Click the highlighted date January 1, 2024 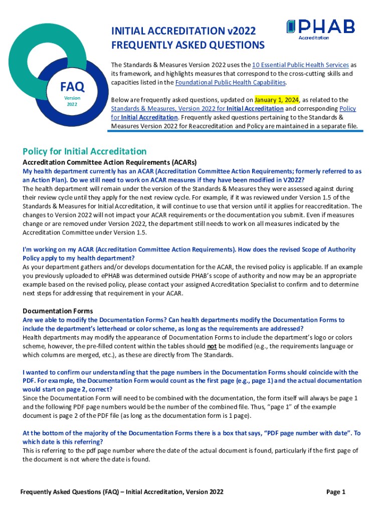point(276,100)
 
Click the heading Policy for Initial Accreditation point(85,151)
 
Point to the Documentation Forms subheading point(58,311)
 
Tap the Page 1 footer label point(336,492)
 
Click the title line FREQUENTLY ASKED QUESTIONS point(187,46)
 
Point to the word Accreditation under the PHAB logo point(314,38)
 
